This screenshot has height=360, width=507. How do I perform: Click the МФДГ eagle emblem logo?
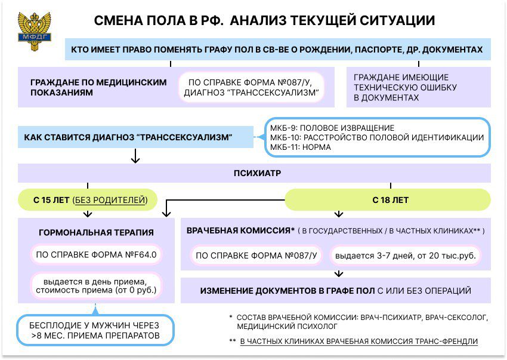(34, 32)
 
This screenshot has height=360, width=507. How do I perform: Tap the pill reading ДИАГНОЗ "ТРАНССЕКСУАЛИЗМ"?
(251, 87)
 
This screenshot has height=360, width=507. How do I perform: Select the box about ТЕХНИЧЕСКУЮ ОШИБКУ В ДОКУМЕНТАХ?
(418, 87)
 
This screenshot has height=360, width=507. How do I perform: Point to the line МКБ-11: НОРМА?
(301, 147)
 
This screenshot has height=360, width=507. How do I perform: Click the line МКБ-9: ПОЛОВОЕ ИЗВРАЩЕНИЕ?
(332, 128)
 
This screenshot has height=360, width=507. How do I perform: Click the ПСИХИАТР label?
(258, 173)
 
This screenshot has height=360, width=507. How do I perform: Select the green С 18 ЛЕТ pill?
(388, 200)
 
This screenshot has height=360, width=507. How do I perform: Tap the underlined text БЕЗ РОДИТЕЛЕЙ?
(110, 200)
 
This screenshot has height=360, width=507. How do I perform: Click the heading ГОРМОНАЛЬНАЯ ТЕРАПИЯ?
(96, 232)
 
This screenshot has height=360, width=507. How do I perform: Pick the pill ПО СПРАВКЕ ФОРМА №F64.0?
(96, 255)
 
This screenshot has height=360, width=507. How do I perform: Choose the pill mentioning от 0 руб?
(96, 286)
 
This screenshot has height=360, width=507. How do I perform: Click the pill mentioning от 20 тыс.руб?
(405, 256)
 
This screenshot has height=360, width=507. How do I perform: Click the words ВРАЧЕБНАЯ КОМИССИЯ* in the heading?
(240, 231)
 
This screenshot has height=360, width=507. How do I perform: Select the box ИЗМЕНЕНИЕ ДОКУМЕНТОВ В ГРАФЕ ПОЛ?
(336, 290)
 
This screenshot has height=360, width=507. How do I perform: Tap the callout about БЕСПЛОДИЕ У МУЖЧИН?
(95, 330)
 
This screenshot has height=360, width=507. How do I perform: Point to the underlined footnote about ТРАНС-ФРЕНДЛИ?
(359, 341)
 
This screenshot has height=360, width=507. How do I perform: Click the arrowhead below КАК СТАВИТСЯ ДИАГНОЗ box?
(135, 160)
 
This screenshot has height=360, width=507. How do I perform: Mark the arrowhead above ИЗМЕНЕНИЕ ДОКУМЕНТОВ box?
(339, 275)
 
